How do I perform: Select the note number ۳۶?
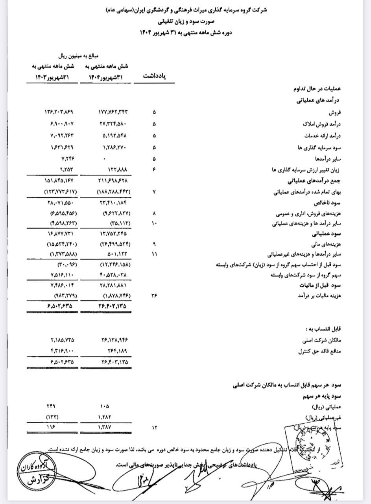pos(154,295)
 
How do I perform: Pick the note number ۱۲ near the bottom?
pos(154,427)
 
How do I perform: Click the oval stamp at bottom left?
pos(32,474)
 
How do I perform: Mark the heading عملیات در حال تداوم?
pos(318,89)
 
